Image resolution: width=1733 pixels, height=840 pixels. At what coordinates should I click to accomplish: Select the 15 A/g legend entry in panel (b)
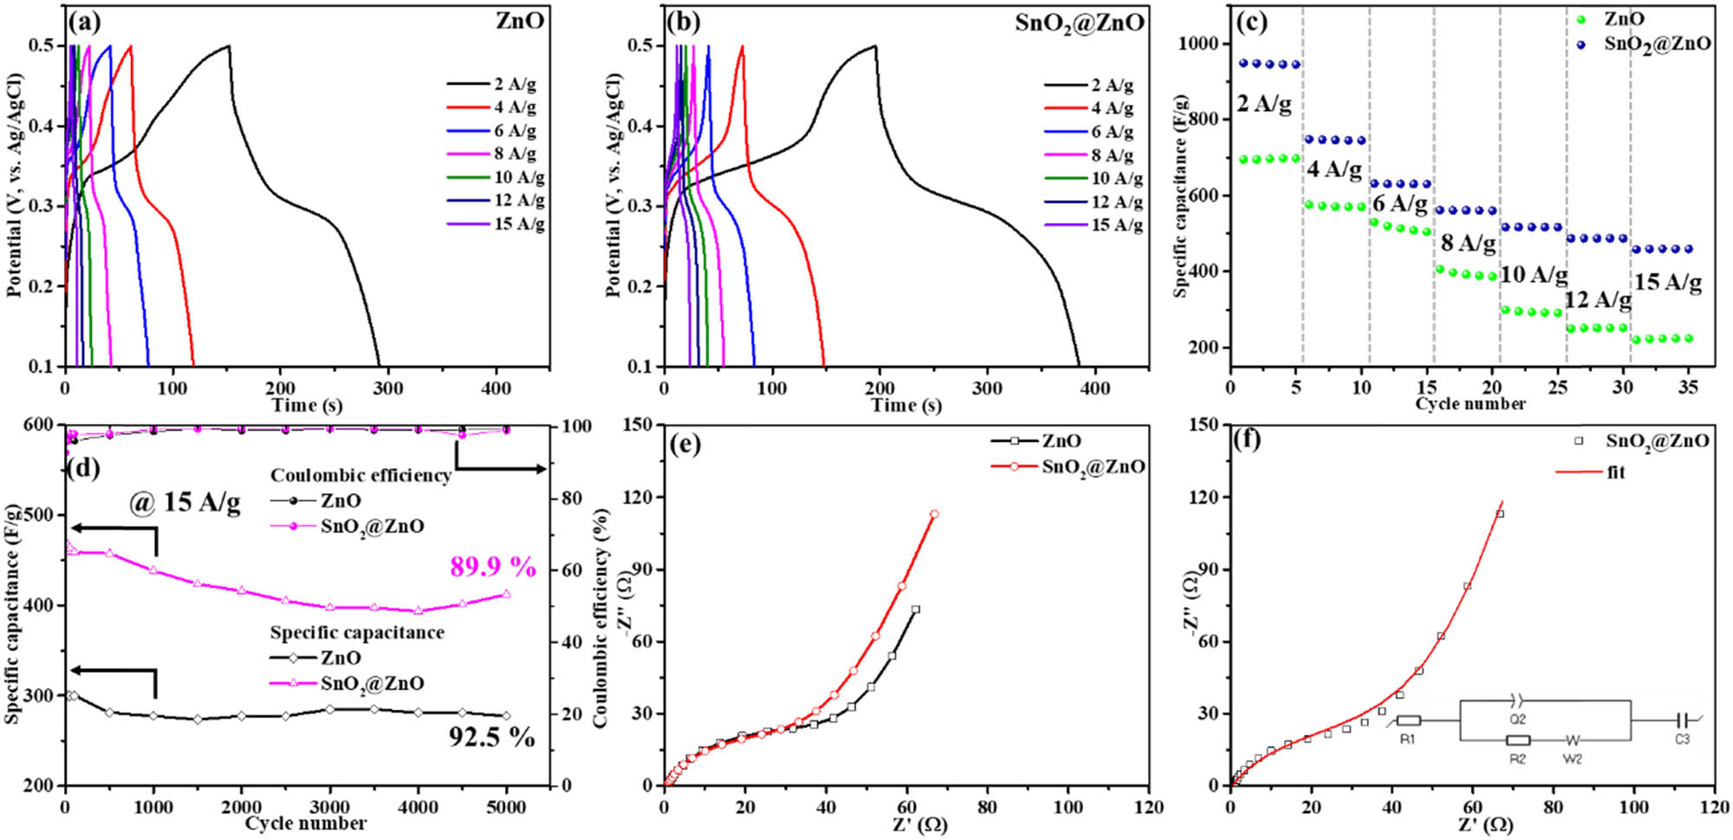(1116, 225)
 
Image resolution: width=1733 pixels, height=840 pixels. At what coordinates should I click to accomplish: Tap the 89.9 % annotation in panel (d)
(492, 567)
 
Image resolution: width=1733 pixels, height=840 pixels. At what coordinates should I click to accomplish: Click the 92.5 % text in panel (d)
(491, 737)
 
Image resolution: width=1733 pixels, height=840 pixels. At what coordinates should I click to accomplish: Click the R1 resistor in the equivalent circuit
(1408, 721)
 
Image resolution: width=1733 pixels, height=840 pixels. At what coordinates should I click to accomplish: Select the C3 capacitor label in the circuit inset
(1681, 739)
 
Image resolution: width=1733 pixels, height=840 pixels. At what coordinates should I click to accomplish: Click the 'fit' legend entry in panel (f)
(1615, 472)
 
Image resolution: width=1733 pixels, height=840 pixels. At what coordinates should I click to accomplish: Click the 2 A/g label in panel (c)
(1263, 104)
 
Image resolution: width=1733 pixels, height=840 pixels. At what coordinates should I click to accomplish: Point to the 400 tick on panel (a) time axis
(496, 388)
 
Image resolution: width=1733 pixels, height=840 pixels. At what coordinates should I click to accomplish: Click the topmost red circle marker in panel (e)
(934, 514)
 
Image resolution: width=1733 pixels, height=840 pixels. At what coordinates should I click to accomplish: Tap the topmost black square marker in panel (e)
(915, 609)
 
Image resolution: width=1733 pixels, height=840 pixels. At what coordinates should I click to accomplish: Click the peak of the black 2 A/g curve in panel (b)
(875, 46)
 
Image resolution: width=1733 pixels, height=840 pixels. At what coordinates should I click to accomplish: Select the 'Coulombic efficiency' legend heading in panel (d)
(360, 475)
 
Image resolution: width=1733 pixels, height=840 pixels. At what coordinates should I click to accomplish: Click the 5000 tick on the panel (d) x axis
(507, 807)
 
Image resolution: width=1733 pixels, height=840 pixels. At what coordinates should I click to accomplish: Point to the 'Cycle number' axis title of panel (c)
(1470, 404)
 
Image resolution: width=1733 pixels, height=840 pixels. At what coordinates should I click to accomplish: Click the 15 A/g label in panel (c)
(1667, 282)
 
